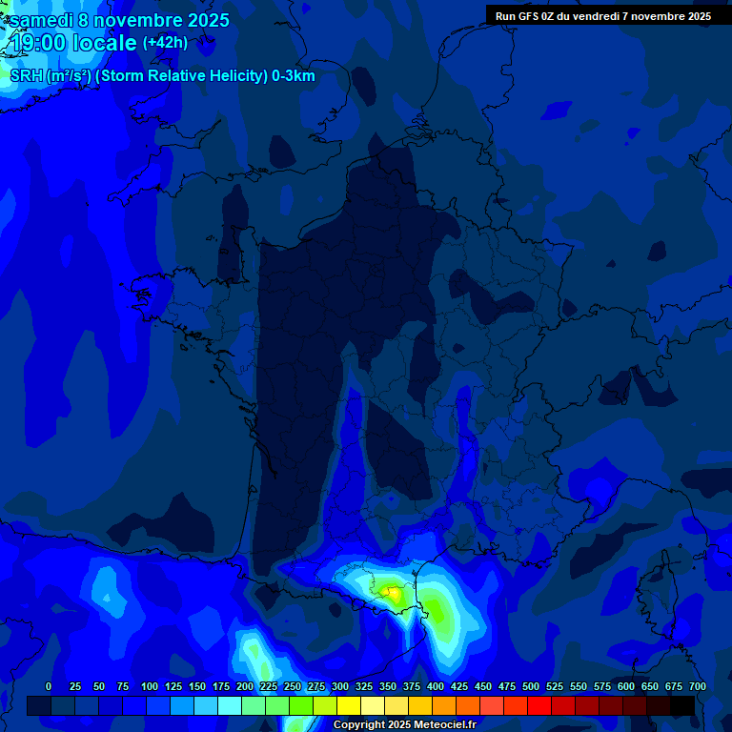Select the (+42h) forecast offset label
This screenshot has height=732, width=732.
[x=165, y=43]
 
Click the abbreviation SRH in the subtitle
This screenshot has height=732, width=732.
[x=27, y=76]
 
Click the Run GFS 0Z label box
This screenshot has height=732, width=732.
[x=602, y=16]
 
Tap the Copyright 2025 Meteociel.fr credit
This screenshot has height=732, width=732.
[x=404, y=724]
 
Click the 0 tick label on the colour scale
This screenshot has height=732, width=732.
[x=49, y=686]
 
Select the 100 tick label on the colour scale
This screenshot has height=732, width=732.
[x=150, y=686]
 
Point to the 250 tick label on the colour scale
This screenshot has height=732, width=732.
[x=293, y=686]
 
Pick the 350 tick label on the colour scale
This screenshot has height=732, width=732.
[x=388, y=686]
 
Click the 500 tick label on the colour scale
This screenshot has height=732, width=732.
[x=531, y=686]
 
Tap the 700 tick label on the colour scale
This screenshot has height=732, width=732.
[x=698, y=686]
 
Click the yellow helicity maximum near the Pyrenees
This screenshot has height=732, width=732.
[x=392, y=593]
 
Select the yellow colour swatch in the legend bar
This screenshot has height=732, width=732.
[x=349, y=705]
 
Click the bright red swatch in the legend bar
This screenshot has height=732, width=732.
[x=539, y=705]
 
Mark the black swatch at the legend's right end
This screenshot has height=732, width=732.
[x=682, y=705]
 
